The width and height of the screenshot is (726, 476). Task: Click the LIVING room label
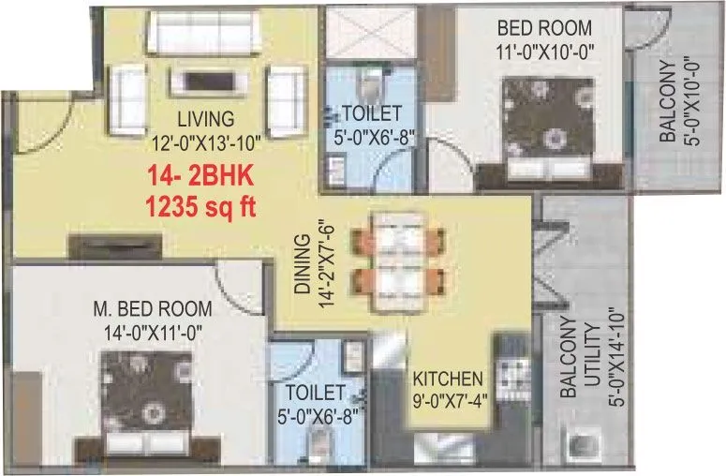(x=205, y=119)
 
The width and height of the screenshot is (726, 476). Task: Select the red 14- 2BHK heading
(x=200, y=175)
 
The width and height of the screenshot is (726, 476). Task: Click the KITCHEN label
(x=448, y=379)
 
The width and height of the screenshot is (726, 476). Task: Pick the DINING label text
(x=301, y=265)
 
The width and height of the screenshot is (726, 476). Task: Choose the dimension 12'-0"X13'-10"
(x=205, y=141)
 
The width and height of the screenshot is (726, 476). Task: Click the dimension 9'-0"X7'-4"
(x=448, y=401)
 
